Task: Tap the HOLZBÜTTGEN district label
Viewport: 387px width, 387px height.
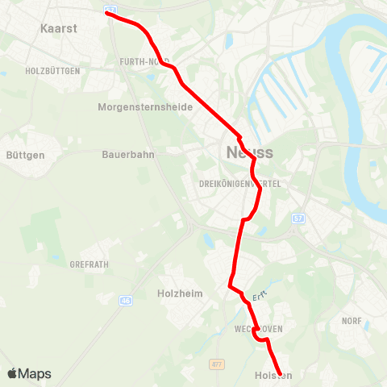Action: [53, 71]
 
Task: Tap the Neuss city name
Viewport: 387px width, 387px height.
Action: [249, 152]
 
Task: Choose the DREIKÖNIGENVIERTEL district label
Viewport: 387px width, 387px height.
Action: [239, 184]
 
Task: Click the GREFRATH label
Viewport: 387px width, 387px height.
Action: [90, 264]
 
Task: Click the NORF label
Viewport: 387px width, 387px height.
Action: [351, 321]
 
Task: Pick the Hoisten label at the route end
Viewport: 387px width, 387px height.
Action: [273, 376]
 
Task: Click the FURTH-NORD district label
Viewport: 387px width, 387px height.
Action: [144, 61]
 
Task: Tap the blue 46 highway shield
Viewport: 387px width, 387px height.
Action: [126, 301]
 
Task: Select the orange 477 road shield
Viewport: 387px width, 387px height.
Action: [216, 364]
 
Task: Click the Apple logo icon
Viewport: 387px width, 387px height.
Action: [12, 373]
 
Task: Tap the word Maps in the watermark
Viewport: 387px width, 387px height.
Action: [35, 374]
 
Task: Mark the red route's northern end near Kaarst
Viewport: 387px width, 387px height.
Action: [107, 13]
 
